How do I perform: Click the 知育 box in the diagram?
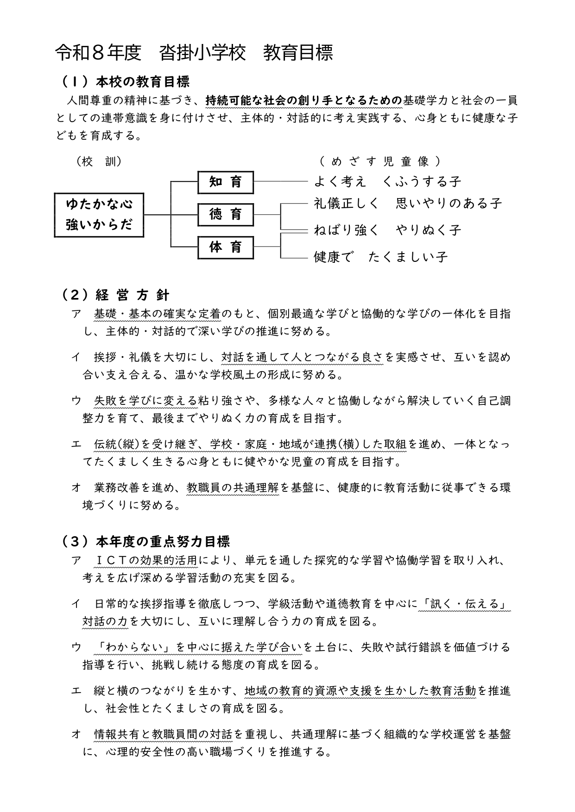[226, 182]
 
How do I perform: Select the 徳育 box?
[226, 215]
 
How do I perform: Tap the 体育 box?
[226, 247]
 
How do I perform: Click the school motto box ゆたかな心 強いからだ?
[99, 215]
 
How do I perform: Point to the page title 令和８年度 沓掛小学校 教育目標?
[194, 53]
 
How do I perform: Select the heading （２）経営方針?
[116, 295]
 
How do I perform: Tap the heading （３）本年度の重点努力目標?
[145, 541]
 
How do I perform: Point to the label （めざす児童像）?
[380, 161]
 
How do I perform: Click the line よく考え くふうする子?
[387, 181]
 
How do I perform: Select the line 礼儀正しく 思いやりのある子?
[408, 203]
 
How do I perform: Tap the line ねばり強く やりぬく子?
[387, 230]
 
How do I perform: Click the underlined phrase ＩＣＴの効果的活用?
[146, 560]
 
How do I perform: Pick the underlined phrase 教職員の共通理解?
[233, 487]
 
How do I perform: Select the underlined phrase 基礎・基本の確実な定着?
[158, 314]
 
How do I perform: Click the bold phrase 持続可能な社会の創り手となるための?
[303, 100]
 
